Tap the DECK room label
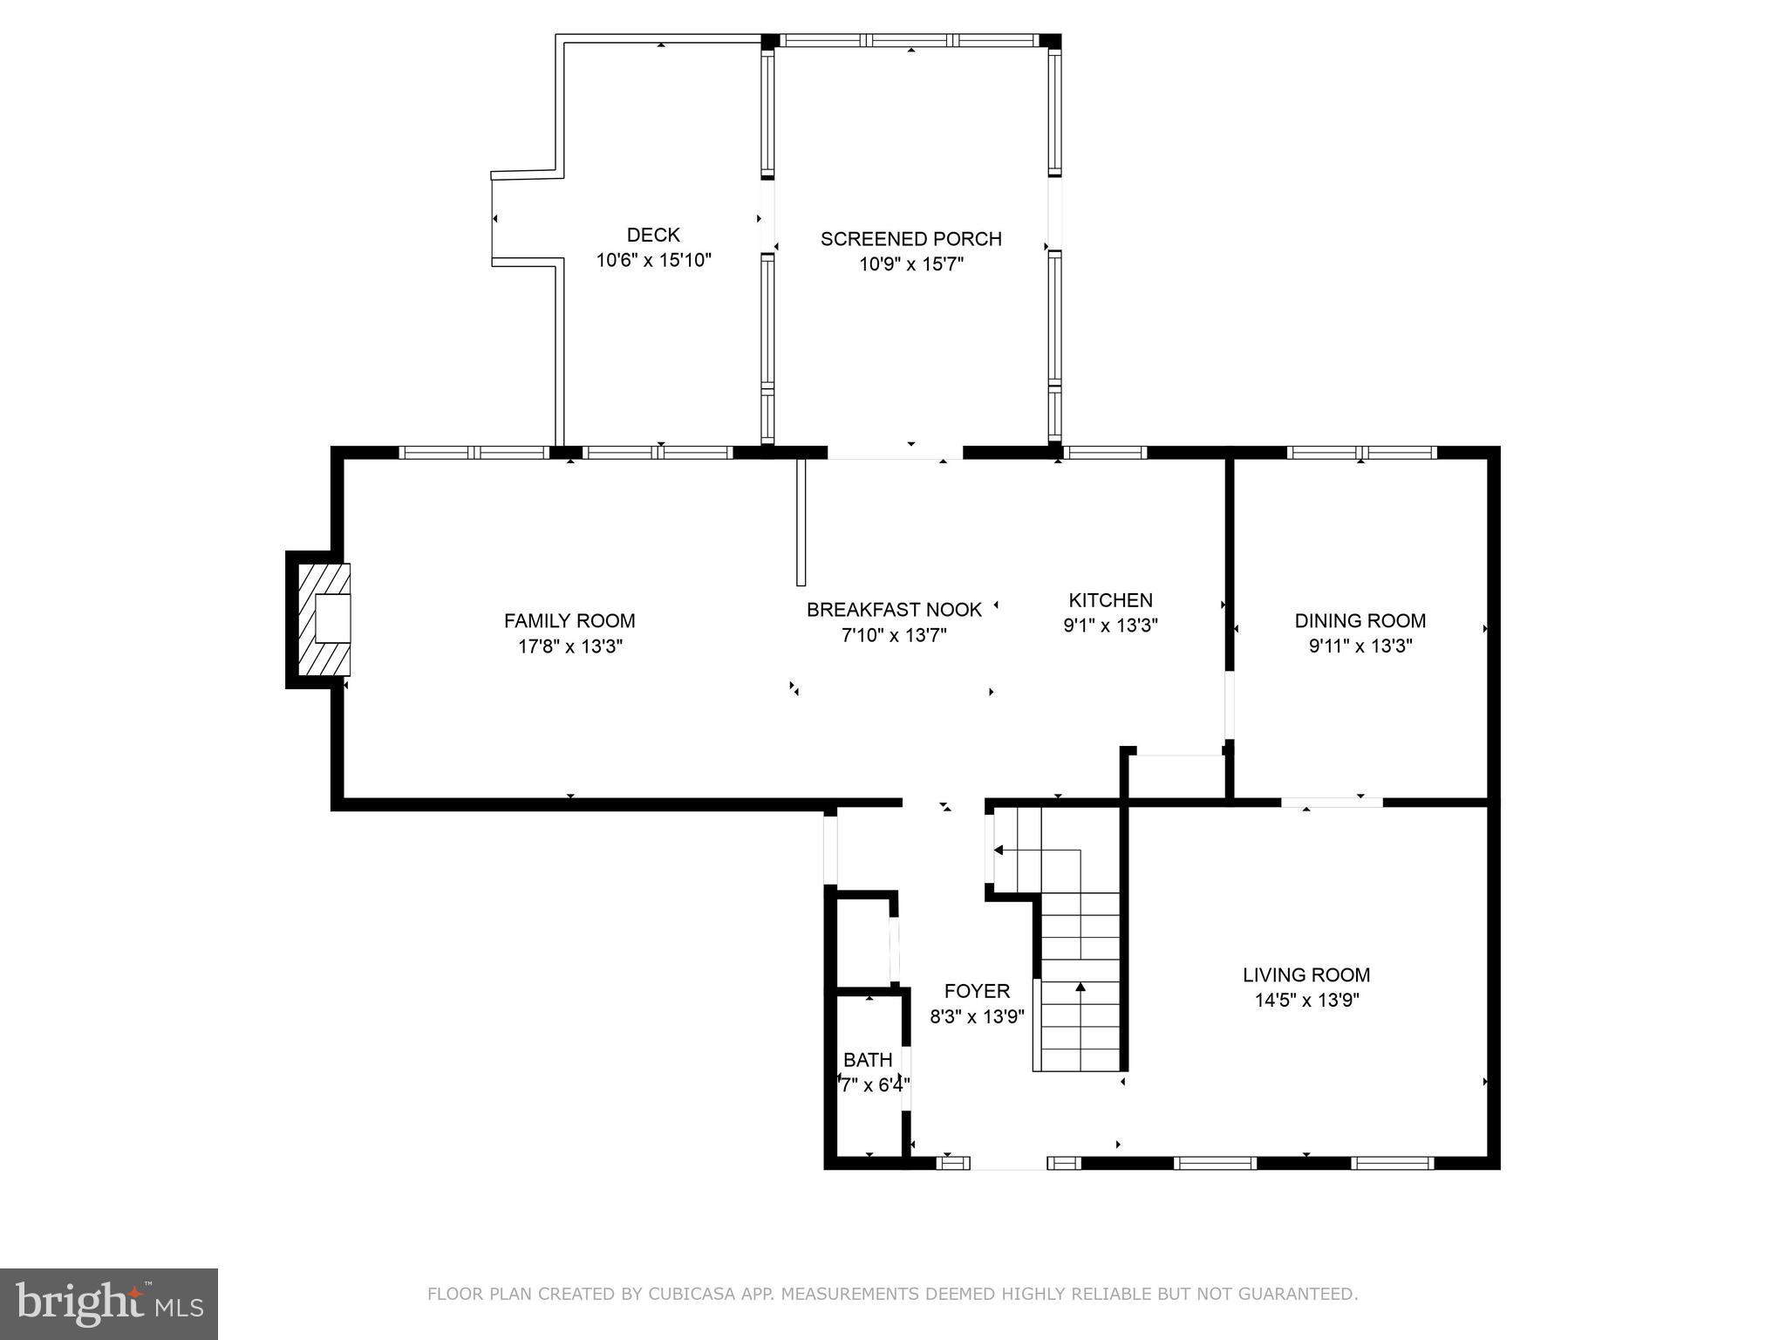click(653, 235)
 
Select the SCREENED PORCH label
click(910, 239)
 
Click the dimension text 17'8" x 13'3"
click(569, 646)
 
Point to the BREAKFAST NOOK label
click(894, 610)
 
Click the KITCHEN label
click(1110, 600)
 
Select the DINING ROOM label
click(1360, 621)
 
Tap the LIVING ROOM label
click(1306, 974)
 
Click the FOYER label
click(977, 991)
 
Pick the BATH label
click(868, 1060)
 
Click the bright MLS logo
click(109, 1303)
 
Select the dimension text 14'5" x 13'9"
click(1306, 1001)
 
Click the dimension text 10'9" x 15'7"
click(910, 264)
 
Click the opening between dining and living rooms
click(1332, 802)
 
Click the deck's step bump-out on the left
click(523, 218)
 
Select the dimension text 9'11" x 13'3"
click(1360, 646)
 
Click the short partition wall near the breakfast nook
click(801, 522)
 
